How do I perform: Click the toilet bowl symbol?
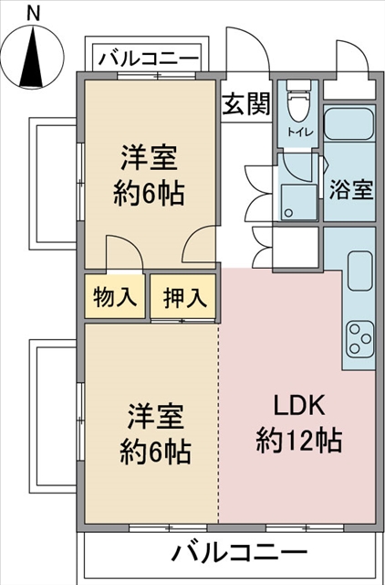pyautogui.click(x=298, y=101)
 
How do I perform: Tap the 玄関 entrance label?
pyautogui.click(x=246, y=103)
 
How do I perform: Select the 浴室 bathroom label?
pyautogui.click(x=350, y=189)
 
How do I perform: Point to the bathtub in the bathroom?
pyautogui.click(x=349, y=124)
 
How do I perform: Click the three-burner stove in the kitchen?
pyautogui.click(x=360, y=339)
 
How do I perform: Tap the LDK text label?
pyautogui.click(x=299, y=406)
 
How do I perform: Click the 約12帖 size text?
pyautogui.click(x=299, y=441)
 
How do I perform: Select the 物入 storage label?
pyautogui.click(x=114, y=297)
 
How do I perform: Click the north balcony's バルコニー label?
pyautogui.click(x=149, y=58)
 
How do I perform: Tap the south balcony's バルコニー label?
pyautogui.click(x=239, y=551)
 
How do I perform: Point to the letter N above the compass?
pyautogui.click(x=33, y=14)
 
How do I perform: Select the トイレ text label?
pyautogui.click(x=300, y=132)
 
